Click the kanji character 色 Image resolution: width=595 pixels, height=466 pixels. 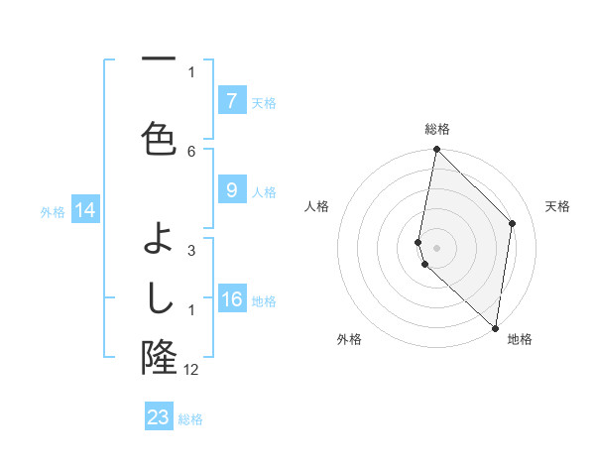(159, 138)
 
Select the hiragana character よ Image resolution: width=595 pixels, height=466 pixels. (159, 239)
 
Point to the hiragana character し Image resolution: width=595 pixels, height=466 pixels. (159, 294)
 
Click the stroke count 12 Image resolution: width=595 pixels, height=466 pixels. (192, 370)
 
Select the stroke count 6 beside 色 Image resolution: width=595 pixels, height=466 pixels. (191, 151)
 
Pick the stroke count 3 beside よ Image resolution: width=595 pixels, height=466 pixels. (191, 251)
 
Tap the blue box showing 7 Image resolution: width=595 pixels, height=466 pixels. (231, 100)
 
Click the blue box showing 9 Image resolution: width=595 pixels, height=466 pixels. (231, 190)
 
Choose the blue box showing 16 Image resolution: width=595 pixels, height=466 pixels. (231, 299)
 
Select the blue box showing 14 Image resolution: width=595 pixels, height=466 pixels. (84, 210)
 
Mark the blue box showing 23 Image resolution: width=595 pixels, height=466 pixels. (159, 417)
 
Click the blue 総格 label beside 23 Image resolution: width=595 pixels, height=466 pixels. (190, 419)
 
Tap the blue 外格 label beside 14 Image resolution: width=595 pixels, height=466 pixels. (53, 211)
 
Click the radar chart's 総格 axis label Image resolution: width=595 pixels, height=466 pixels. (436, 130)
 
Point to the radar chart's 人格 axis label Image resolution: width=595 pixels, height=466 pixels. (316, 206)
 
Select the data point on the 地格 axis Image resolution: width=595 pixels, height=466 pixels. (495, 327)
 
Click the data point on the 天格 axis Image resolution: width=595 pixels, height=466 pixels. (513, 223)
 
